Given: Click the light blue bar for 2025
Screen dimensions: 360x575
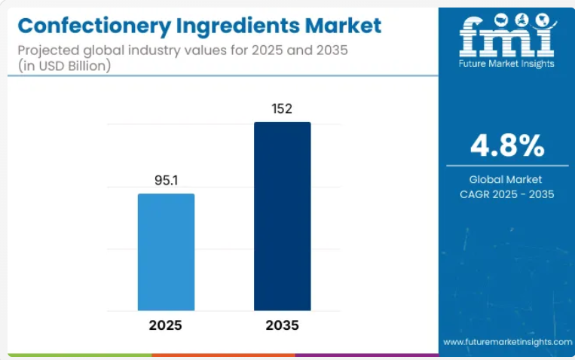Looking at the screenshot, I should tap(166, 252).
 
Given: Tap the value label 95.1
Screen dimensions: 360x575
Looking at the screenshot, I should tap(166, 182).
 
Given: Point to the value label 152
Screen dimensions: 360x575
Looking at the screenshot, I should tap(283, 109).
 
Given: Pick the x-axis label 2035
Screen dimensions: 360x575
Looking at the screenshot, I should tap(282, 325).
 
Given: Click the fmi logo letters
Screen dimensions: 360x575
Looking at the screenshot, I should tap(506, 35).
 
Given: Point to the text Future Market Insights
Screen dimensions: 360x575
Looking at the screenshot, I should tap(506, 64).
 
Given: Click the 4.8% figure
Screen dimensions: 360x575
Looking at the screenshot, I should tap(506, 145).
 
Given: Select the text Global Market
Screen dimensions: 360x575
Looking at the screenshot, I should tap(506, 179).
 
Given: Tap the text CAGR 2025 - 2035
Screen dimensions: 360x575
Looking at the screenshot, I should tap(506, 194).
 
